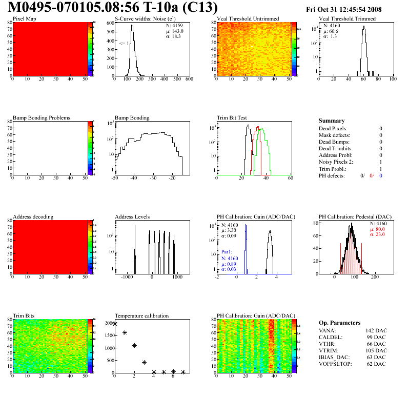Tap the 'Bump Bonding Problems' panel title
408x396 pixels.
(42, 117)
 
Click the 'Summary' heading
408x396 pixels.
(332, 121)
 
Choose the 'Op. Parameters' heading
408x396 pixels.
(339, 323)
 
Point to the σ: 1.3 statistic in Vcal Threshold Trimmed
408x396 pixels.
(330, 36)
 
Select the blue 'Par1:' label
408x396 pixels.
(228, 252)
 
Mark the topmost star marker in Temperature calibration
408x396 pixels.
(115, 324)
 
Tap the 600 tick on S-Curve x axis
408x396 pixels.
(189, 80)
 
